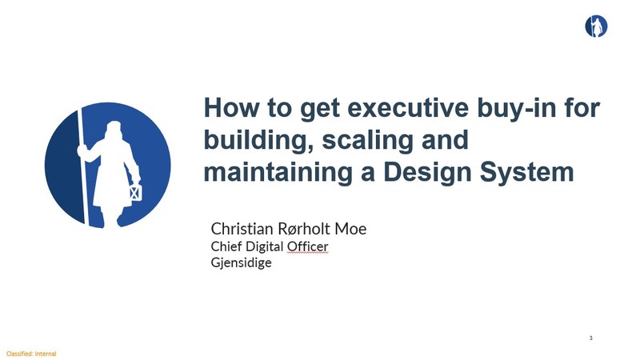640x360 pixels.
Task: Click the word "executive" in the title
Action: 408,107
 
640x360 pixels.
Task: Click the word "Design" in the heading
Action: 428,173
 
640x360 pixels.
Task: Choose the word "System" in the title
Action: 527,173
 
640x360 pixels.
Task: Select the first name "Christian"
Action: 242,229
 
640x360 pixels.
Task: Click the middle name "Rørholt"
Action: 304,229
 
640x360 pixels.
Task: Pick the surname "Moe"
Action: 350,229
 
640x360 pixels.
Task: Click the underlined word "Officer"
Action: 307,246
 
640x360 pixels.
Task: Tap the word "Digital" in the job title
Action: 265,247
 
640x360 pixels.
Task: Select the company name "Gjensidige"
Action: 242,262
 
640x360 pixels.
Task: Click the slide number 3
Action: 590,338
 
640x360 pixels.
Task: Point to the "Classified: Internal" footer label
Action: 31,354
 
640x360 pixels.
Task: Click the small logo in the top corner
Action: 596,26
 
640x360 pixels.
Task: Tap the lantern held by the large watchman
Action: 135,191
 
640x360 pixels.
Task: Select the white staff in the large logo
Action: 82,166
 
